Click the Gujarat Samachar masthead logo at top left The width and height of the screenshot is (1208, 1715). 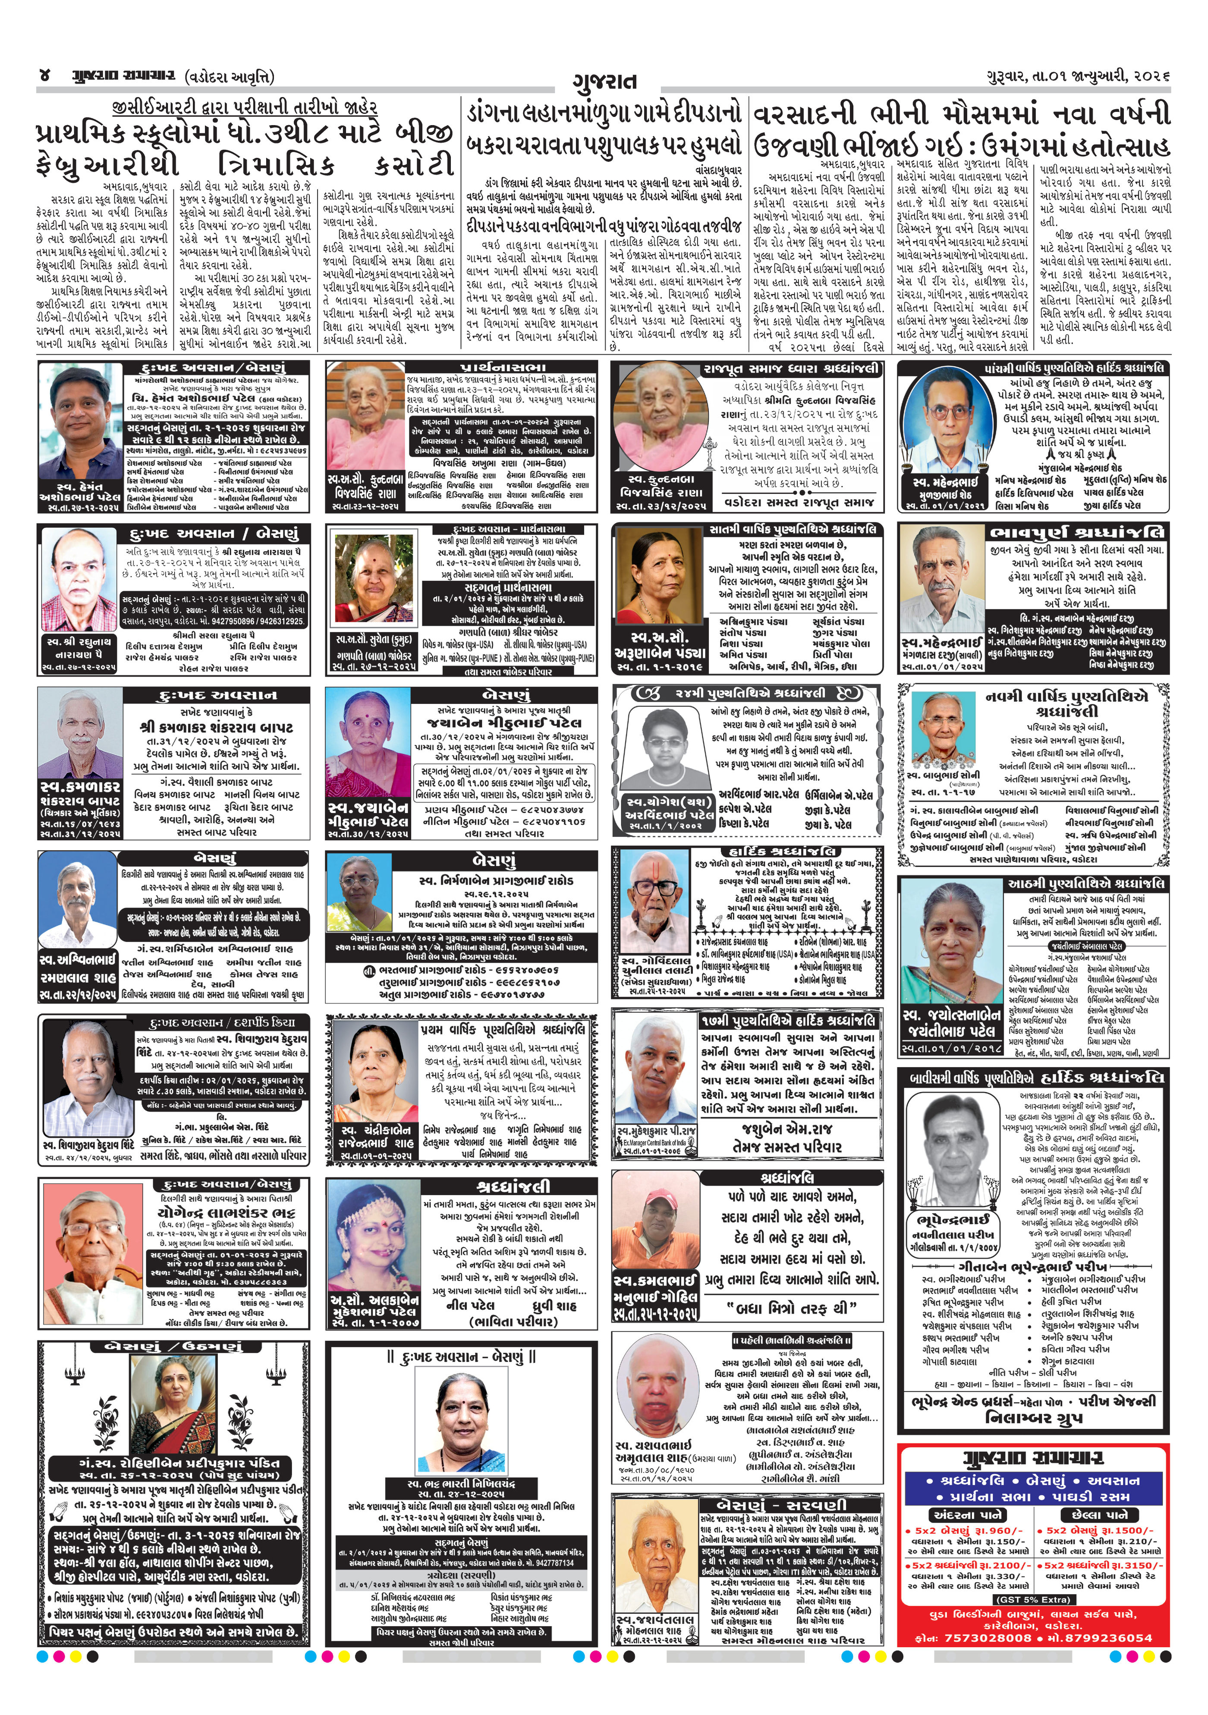123,76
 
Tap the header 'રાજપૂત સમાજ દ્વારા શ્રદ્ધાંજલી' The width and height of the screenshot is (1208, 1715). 791,369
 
